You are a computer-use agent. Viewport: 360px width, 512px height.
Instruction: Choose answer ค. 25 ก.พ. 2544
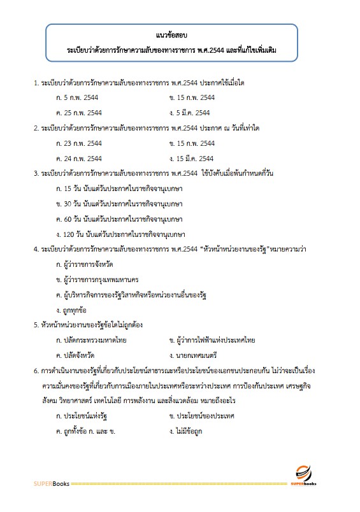coord(80,113)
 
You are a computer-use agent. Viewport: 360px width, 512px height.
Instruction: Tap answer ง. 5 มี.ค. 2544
coord(189,113)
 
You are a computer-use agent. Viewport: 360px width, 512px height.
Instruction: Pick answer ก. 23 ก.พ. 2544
coord(80,143)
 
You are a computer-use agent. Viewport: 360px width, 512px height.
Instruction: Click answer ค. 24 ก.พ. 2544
coord(80,158)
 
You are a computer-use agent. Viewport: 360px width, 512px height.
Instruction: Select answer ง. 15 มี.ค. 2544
coord(191,158)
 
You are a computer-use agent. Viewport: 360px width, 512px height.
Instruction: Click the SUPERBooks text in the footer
coord(52,484)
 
